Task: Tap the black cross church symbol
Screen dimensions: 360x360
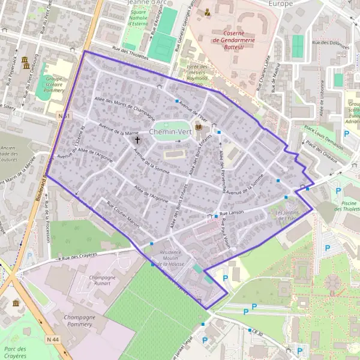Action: pyautogui.click(x=137, y=140)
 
